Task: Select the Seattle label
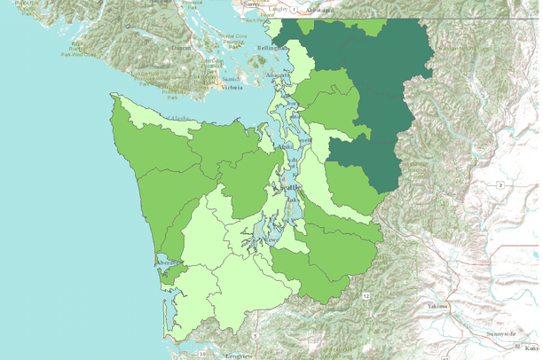(290, 188)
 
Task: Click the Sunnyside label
(499, 334)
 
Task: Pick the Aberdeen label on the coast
(166, 262)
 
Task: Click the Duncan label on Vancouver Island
(180, 46)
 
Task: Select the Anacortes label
(279, 77)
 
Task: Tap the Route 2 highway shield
(500, 184)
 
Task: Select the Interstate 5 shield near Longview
(254, 337)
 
